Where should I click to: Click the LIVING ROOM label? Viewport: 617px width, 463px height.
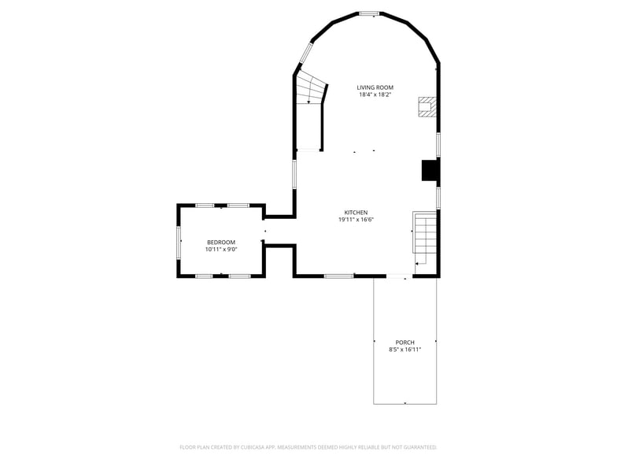pos(375,87)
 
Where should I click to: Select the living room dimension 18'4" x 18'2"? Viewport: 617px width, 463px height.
pos(375,94)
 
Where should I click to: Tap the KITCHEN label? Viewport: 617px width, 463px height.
pos(356,213)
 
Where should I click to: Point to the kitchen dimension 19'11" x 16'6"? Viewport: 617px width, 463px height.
pos(356,220)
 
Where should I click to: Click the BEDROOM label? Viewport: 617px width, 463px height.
pos(220,242)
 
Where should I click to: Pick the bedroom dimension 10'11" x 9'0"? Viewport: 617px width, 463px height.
pos(220,250)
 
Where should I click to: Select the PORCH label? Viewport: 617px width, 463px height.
pos(405,342)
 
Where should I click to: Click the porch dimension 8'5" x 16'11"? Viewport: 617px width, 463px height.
pos(405,350)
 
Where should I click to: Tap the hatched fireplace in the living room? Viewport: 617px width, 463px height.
pos(427,107)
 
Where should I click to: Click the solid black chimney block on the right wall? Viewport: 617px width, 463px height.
pos(430,171)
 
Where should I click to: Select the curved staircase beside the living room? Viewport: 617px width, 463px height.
pos(310,88)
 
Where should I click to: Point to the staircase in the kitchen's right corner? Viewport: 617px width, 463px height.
pos(423,236)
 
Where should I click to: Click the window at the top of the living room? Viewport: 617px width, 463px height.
pos(369,13)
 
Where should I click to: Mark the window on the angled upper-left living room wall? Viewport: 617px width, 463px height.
pos(305,54)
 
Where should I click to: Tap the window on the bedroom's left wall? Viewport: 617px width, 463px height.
pos(179,241)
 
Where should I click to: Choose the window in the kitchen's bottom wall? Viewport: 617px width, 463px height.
pos(338,276)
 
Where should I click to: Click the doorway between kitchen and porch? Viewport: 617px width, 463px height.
pos(398,276)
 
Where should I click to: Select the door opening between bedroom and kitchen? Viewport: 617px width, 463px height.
pos(264,231)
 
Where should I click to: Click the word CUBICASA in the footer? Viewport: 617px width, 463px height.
pos(253,446)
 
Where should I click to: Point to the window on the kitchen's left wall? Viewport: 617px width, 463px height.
pos(295,173)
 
